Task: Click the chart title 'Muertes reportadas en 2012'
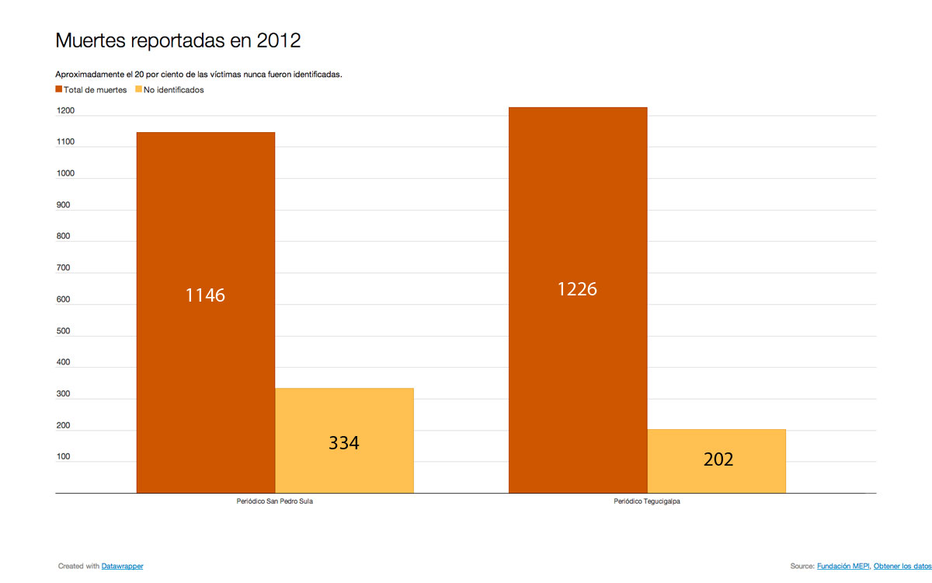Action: pyautogui.click(x=178, y=40)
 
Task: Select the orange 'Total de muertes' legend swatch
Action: pyautogui.click(x=58, y=90)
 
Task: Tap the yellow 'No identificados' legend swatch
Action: pyautogui.click(x=139, y=90)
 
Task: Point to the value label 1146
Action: pyautogui.click(x=205, y=295)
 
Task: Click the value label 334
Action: pyautogui.click(x=343, y=443)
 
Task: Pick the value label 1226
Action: pyautogui.click(x=577, y=289)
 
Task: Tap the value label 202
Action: pyautogui.click(x=718, y=459)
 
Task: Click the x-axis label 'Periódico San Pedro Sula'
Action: pyautogui.click(x=275, y=502)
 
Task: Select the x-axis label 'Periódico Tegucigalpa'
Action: pyautogui.click(x=647, y=502)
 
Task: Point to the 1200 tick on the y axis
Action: pyautogui.click(x=64, y=111)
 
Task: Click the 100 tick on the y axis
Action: pyautogui.click(x=63, y=457)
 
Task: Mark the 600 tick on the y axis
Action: pyautogui.click(x=63, y=299)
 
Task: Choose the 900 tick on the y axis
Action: pyautogui.click(x=63, y=205)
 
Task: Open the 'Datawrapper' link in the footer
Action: pyautogui.click(x=122, y=567)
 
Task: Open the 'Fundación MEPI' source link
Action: pyautogui.click(x=843, y=567)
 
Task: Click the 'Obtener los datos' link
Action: pyautogui.click(x=901, y=567)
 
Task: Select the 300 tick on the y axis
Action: pyautogui.click(x=63, y=394)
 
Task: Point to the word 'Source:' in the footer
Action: pyautogui.click(x=802, y=567)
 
